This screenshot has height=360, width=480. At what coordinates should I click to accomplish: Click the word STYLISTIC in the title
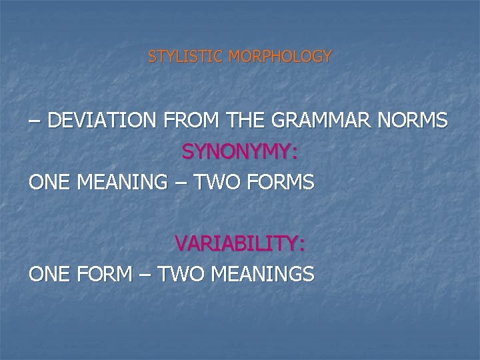185,57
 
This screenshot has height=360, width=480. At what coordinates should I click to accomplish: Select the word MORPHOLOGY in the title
279,57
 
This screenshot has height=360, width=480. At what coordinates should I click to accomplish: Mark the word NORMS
414,121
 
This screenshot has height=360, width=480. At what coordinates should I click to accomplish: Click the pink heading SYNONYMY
239,152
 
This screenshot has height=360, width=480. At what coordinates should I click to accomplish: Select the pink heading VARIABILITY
239,243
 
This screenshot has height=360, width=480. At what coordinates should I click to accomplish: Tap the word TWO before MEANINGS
181,273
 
